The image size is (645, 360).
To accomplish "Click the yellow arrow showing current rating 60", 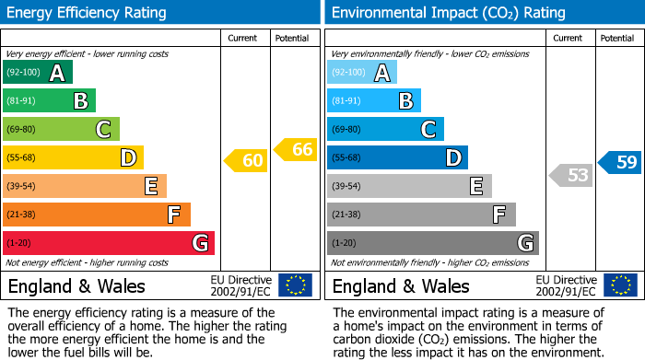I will pos(246,160).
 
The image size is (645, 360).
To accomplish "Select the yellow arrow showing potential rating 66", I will pos(296,149).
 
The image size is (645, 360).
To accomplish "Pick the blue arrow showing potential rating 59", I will pos(620,162).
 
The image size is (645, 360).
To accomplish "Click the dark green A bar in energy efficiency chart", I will pos(38,73).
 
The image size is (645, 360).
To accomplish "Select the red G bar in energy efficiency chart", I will pos(109,243).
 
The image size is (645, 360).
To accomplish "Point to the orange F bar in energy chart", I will pos(97,215).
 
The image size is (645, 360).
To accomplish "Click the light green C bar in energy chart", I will pos(61,130).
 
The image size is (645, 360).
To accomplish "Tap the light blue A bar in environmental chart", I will pos(362,73).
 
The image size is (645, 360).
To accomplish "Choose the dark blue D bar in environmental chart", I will pos(397,157).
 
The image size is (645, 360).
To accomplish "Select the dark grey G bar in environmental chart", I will pos(433,243).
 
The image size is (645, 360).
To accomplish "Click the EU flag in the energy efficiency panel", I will pos(295,285).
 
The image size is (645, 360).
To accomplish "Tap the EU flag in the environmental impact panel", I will pos(620,285).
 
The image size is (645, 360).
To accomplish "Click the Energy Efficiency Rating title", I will pos(88,13).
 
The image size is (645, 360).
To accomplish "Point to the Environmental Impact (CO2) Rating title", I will pos(448,13).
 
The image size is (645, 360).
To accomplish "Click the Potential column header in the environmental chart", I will pos(617,38).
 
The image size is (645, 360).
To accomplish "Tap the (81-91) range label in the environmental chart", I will pos(346,101).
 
